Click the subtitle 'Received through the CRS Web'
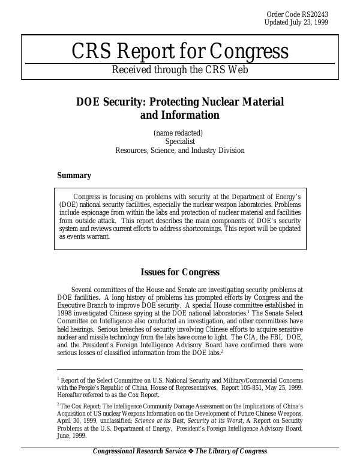tap(180, 70)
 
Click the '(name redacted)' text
tap(178, 133)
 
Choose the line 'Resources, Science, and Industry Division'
tap(180, 151)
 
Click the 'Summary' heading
tap(74, 176)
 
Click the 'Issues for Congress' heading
tap(180, 273)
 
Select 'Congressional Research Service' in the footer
tap(145, 452)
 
